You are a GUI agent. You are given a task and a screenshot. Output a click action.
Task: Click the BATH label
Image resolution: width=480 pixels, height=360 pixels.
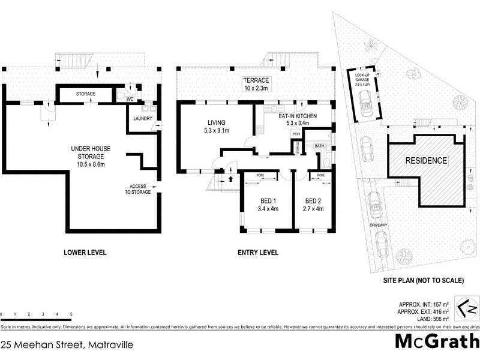(x=319, y=145)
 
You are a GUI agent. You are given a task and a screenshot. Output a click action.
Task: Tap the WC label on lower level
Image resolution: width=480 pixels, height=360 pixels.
(x=129, y=99)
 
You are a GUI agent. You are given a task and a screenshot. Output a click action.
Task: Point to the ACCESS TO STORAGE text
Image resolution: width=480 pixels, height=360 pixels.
(x=139, y=189)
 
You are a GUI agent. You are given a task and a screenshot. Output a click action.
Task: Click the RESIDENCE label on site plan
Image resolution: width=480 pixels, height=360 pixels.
(x=426, y=160)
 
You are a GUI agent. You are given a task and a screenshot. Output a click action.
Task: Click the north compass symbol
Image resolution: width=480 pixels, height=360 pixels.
(x=467, y=309)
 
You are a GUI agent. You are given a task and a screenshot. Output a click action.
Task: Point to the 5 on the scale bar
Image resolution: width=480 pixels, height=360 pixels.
(x=71, y=314)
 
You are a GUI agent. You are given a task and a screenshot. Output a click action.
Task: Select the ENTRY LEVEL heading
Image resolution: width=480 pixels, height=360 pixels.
(x=258, y=253)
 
